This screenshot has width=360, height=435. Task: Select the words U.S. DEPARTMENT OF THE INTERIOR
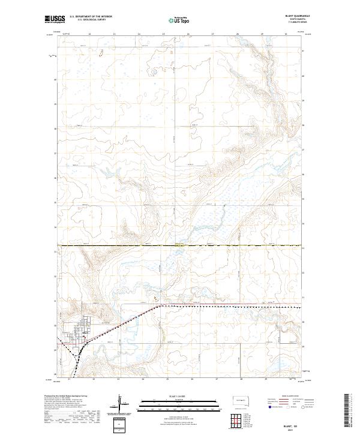[91, 17]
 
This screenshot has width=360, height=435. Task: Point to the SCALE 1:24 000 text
[172, 397]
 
